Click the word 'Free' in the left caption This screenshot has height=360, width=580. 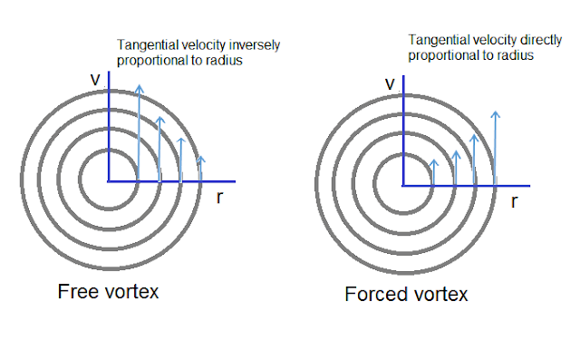(x=79, y=292)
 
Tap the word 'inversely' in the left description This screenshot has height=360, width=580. (x=255, y=45)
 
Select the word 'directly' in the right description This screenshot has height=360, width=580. (x=541, y=40)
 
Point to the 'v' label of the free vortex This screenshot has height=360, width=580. (x=95, y=79)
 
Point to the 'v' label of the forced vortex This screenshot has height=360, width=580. (x=390, y=83)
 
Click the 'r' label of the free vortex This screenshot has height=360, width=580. (x=219, y=197)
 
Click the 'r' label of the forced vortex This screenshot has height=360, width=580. (x=514, y=201)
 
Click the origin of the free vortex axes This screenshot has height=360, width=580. (x=109, y=181)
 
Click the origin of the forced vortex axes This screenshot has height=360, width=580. (x=403, y=185)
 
